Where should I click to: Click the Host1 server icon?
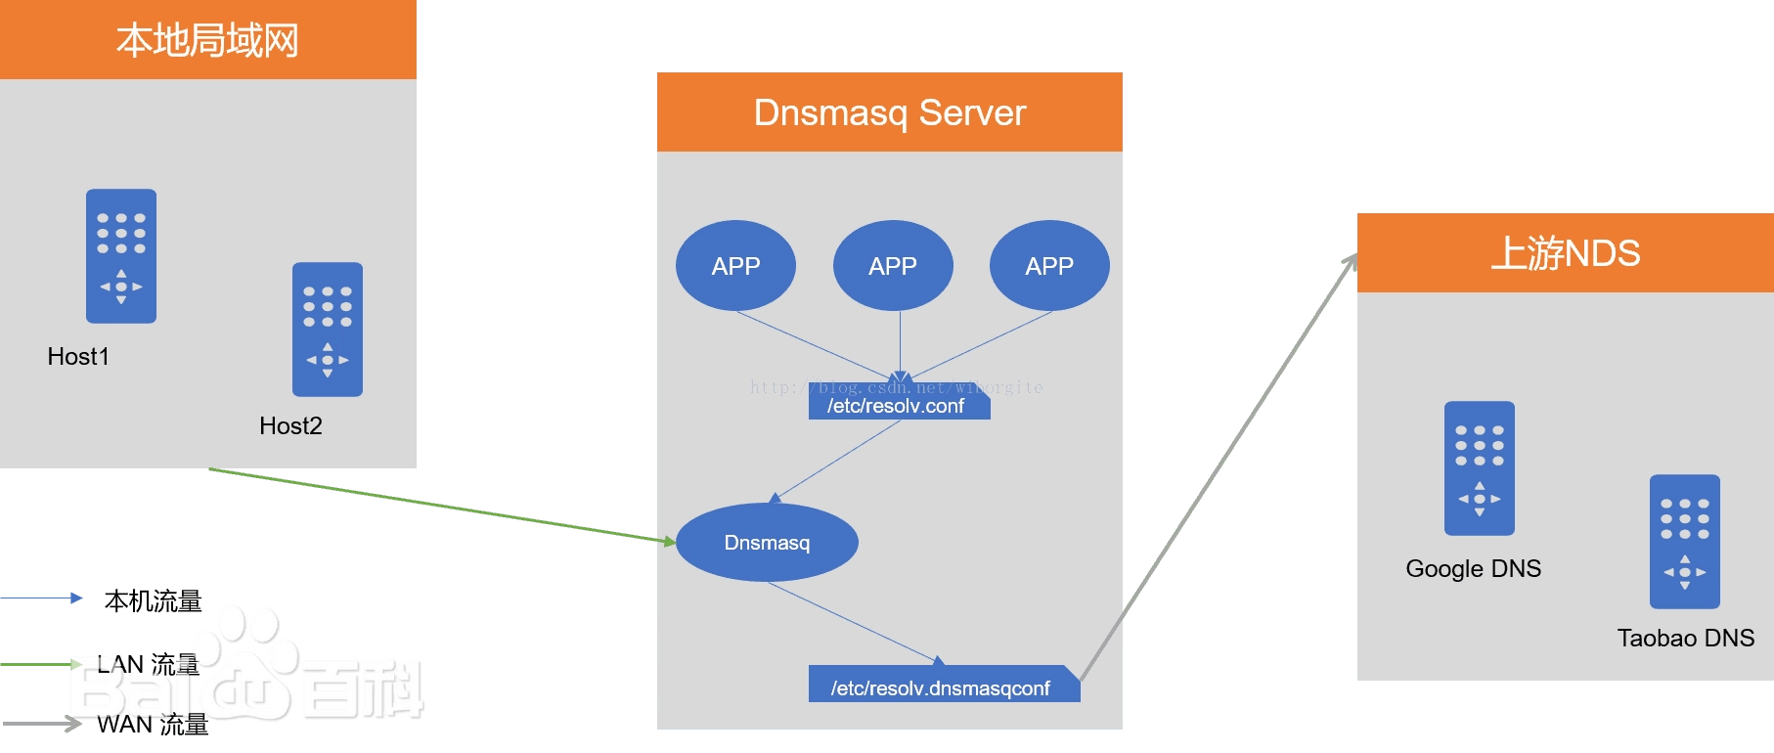coord(121,255)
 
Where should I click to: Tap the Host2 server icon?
coord(328,329)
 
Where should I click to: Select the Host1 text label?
coord(78,357)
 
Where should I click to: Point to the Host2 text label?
coord(290,426)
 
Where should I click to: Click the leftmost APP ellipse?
coord(735,266)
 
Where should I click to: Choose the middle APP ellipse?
coord(893,266)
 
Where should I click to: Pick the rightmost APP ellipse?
coord(1049,266)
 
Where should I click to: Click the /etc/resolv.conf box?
coord(898,406)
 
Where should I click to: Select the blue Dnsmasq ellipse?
coord(767,543)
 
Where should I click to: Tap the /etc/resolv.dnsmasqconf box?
coord(942,687)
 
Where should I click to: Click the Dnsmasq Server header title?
coord(889,112)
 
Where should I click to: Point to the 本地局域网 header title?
coord(207,41)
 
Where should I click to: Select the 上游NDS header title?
coord(1565,253)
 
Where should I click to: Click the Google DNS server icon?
coord(1480,467)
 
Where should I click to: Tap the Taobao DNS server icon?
coord(1684,541)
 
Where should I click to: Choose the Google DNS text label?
coord(1473,569)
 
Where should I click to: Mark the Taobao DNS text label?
coord(1685,639)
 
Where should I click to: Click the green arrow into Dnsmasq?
coord(440,505)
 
